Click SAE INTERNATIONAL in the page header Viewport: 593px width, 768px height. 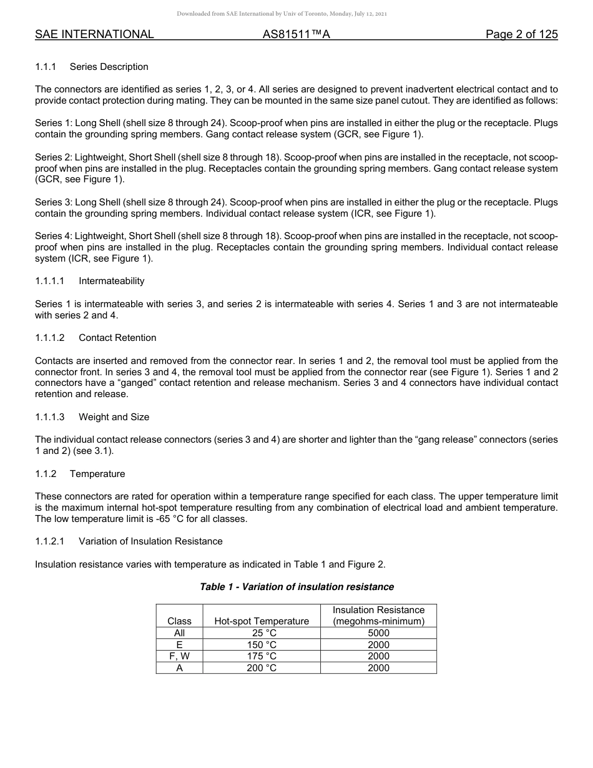94,35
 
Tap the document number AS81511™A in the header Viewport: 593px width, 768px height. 296,35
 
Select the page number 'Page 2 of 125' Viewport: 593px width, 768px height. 521,35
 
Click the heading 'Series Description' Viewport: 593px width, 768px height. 109,67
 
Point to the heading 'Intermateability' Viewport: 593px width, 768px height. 111,281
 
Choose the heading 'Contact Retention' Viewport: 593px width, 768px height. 117,338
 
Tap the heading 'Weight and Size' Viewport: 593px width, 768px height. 114,417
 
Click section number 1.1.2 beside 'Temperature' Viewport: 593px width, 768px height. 46,474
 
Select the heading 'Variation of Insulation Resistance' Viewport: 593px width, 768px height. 150,541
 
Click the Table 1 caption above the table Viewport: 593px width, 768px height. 296,587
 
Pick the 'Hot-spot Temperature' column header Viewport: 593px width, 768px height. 262,621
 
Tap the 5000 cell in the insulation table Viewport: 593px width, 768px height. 378,633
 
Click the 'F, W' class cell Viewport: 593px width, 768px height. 179,656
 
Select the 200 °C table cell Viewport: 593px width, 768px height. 262,668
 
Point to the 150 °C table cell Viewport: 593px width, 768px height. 262,645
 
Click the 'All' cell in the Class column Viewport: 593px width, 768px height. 179,633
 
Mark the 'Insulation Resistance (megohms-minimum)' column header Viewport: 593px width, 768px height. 378,616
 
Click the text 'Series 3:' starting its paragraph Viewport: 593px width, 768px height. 53,202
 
